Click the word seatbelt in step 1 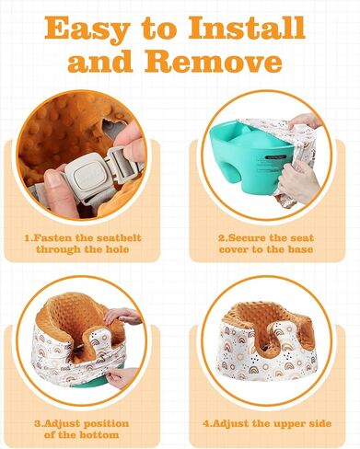(x=119, y=238)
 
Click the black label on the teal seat (x=274, y=156)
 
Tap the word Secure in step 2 (x=248, y=238)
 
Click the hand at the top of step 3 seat (x=122, y=317)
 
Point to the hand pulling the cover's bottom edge (x=122, y=378)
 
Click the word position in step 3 (x=106, y=424)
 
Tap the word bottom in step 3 (x=99, y=435)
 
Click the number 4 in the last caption (x=206, y=424)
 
